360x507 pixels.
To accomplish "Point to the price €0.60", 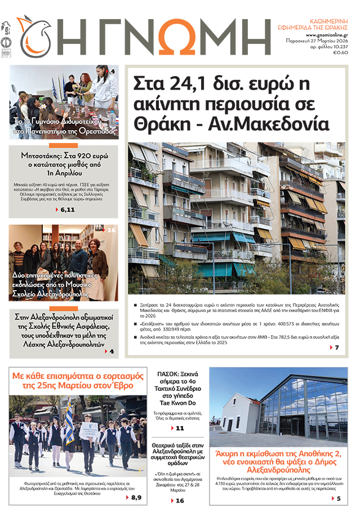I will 340,52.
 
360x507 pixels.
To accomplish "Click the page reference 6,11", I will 66,210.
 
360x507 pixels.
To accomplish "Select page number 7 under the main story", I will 336,348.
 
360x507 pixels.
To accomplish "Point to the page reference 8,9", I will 136,497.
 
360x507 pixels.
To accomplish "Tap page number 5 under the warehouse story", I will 338,499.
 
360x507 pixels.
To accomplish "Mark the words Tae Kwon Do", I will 179,404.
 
